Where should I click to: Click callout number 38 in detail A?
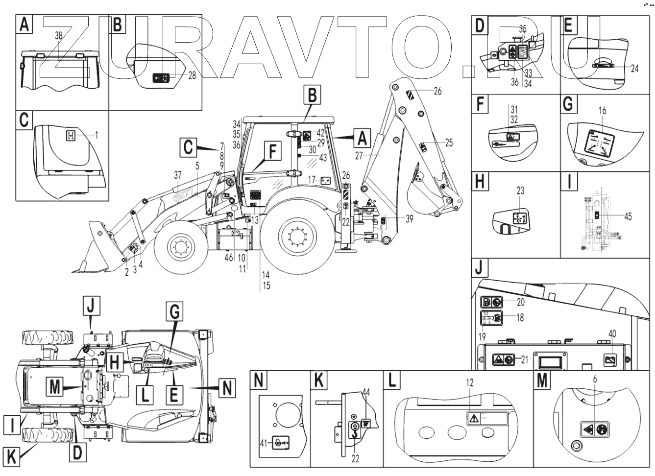click(58, 35)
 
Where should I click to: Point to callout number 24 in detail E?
click(634, 69)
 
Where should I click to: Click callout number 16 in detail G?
click(602, 111)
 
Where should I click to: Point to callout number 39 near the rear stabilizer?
click(409, 218)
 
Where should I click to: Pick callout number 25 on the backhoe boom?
click(449, 143)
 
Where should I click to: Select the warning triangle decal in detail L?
click(473, 419)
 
